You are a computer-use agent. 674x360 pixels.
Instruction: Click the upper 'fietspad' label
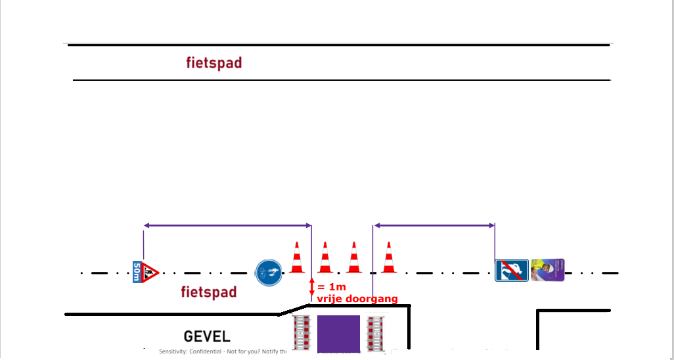(x=214, y=63)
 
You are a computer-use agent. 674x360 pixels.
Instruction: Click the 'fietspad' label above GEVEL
(x=208, y=292)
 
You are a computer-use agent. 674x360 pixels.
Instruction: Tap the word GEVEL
(x=207, y=336)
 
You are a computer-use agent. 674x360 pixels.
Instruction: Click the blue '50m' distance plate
(x=137, y=271)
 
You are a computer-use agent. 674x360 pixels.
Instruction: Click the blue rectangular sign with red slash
(x=511, y=270)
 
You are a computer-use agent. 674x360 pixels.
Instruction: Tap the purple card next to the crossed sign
(x=547, y=270)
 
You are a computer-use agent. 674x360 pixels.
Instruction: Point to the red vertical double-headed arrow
(x=312, y=290)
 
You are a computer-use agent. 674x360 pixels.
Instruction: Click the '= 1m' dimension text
(x=331, y=287)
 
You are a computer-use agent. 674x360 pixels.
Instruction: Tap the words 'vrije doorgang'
(x=357, y=299)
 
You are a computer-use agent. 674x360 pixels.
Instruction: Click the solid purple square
(x=338, y=334)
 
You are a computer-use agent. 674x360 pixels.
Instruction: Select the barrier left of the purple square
(x=302, y=334)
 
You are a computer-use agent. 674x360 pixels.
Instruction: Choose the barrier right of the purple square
(x=375, y=334)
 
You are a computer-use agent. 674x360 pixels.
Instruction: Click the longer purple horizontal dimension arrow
(x=227, y=226)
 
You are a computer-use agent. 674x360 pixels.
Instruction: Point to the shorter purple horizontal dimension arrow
(x=434, y=226)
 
